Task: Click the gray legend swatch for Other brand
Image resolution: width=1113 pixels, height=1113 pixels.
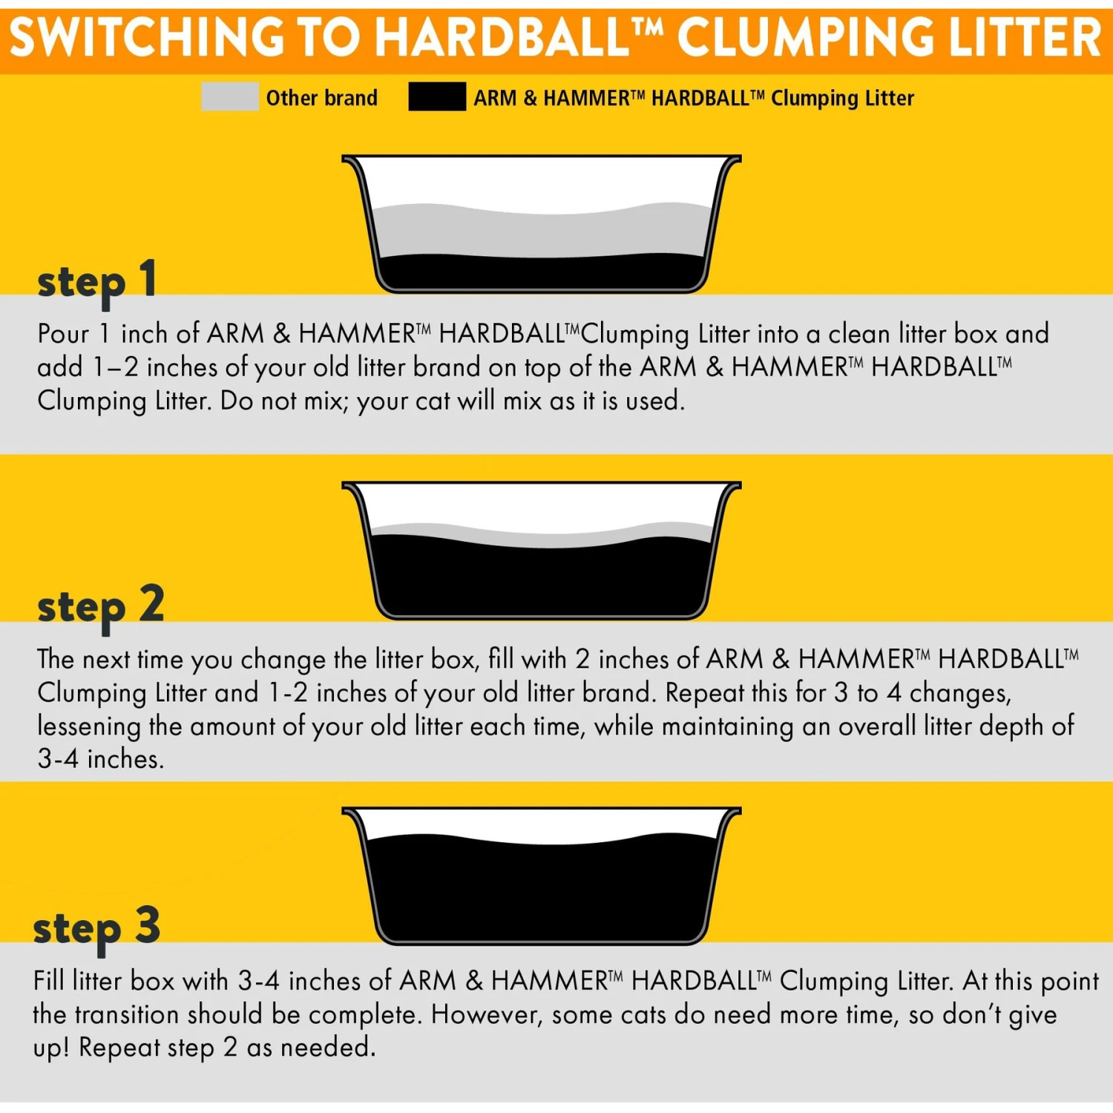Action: pyautogui.click(x=229, y=97)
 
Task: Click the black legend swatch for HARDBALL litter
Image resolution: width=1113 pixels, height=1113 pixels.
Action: pyautogui.click(x=437, y=97)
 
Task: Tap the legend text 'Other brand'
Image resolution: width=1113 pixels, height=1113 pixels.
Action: pyautogui.click(x=321, y=98)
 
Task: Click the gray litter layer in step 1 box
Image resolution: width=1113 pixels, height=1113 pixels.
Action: pyautogui.click(x=542, y=234)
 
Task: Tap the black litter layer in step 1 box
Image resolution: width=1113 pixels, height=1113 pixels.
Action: pyautogui.click(x=542, y=273)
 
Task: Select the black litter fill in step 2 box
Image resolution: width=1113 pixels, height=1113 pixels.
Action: pyautogui.click(x=542, y=579)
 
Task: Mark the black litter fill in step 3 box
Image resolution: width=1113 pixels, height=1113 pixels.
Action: pyautogui.click(x=542, y=890)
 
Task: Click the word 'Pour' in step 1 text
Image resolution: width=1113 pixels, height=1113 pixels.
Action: pyautogui.click(x=64, y=334)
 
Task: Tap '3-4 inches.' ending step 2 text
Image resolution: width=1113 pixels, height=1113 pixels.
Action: pyautogui.click(x=100, y=759)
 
